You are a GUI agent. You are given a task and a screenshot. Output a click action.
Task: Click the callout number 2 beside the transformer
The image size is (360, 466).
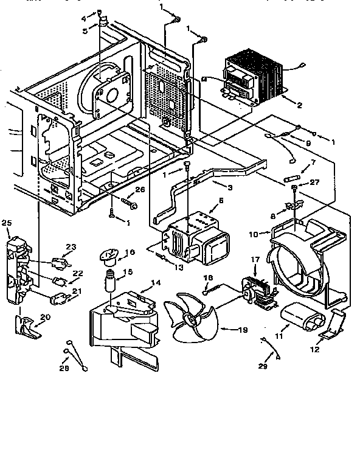[299, 105]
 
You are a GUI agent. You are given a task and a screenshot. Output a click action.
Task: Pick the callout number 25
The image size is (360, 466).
[7, 223]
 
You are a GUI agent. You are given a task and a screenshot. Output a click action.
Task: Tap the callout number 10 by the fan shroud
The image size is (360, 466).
[255, 233]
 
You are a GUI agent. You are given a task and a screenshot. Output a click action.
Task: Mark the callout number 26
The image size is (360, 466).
[140, 190]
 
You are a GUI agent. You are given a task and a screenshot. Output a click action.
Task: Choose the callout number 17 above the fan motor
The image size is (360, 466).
[254, 260]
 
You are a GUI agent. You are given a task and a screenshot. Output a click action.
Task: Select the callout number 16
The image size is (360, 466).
[130, 252]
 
